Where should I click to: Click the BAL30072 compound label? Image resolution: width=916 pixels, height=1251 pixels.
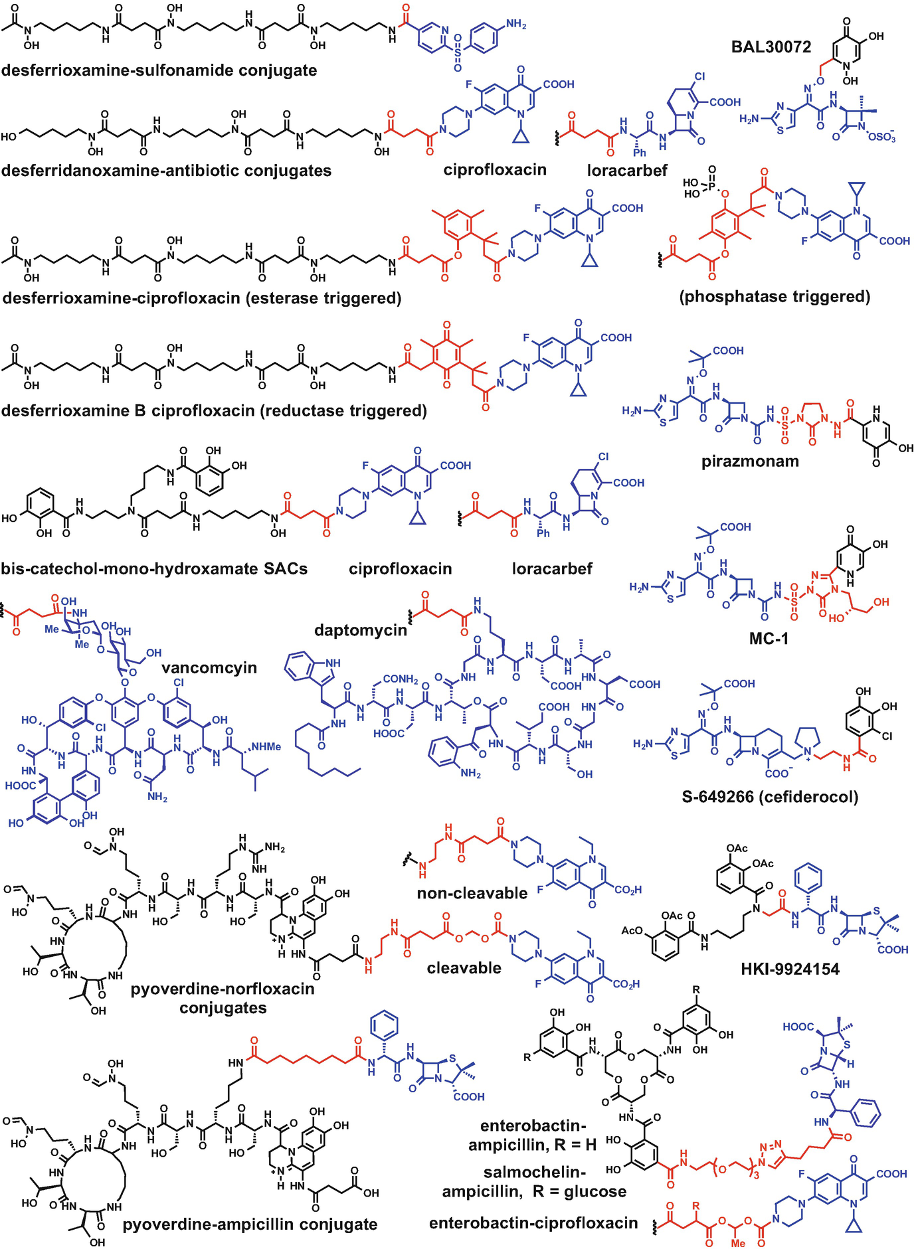pyautogui.click(x=771, y=47)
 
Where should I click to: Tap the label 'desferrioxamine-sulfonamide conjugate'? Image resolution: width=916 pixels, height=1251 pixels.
pyautogui.click(x=159, y=70)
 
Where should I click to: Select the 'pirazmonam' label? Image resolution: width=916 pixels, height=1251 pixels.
pyautogui.click(x=750, y=461)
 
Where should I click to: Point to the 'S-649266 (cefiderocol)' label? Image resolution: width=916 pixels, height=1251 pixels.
pyautogui.click(x=770, y=796)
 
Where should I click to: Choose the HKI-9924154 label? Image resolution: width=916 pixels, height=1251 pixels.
pyautogui.click(x=790, y=969)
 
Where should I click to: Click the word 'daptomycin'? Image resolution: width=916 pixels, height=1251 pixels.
pyautogui.click(x=360, y=629)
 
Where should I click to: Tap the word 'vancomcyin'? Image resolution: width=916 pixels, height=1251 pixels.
pyautogui.click(x=209, y=667)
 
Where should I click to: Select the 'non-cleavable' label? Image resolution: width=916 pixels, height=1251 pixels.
pyautogui.click(x=472, y=893)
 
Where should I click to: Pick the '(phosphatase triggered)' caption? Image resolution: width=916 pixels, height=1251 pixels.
pyautogui.click(x=775, y=296)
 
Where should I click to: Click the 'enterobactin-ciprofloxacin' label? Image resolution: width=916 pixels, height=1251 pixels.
pyautogui.click(x=533, y=1223)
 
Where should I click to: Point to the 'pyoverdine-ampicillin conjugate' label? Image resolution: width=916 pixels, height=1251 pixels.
pyautogui.click(x=250, y=1224)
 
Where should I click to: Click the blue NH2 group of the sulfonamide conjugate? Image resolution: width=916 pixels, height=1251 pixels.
pyautogui.click(x=515, y=25)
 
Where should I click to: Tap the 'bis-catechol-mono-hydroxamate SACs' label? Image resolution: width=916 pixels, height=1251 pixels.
pyautogui.click(x=154, y=568)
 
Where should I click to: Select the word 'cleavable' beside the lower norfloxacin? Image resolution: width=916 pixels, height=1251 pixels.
pyautogui.click(x=464, y=967)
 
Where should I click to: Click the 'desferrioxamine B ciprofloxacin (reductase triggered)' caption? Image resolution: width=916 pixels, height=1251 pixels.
pyautogui.click(x=214, y=410)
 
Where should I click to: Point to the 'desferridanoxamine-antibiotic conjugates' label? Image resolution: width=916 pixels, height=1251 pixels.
pyautogui.click(x=166, y=171)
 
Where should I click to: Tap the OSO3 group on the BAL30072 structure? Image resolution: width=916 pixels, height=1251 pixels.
pyautogui.click(x=881, y=137)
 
